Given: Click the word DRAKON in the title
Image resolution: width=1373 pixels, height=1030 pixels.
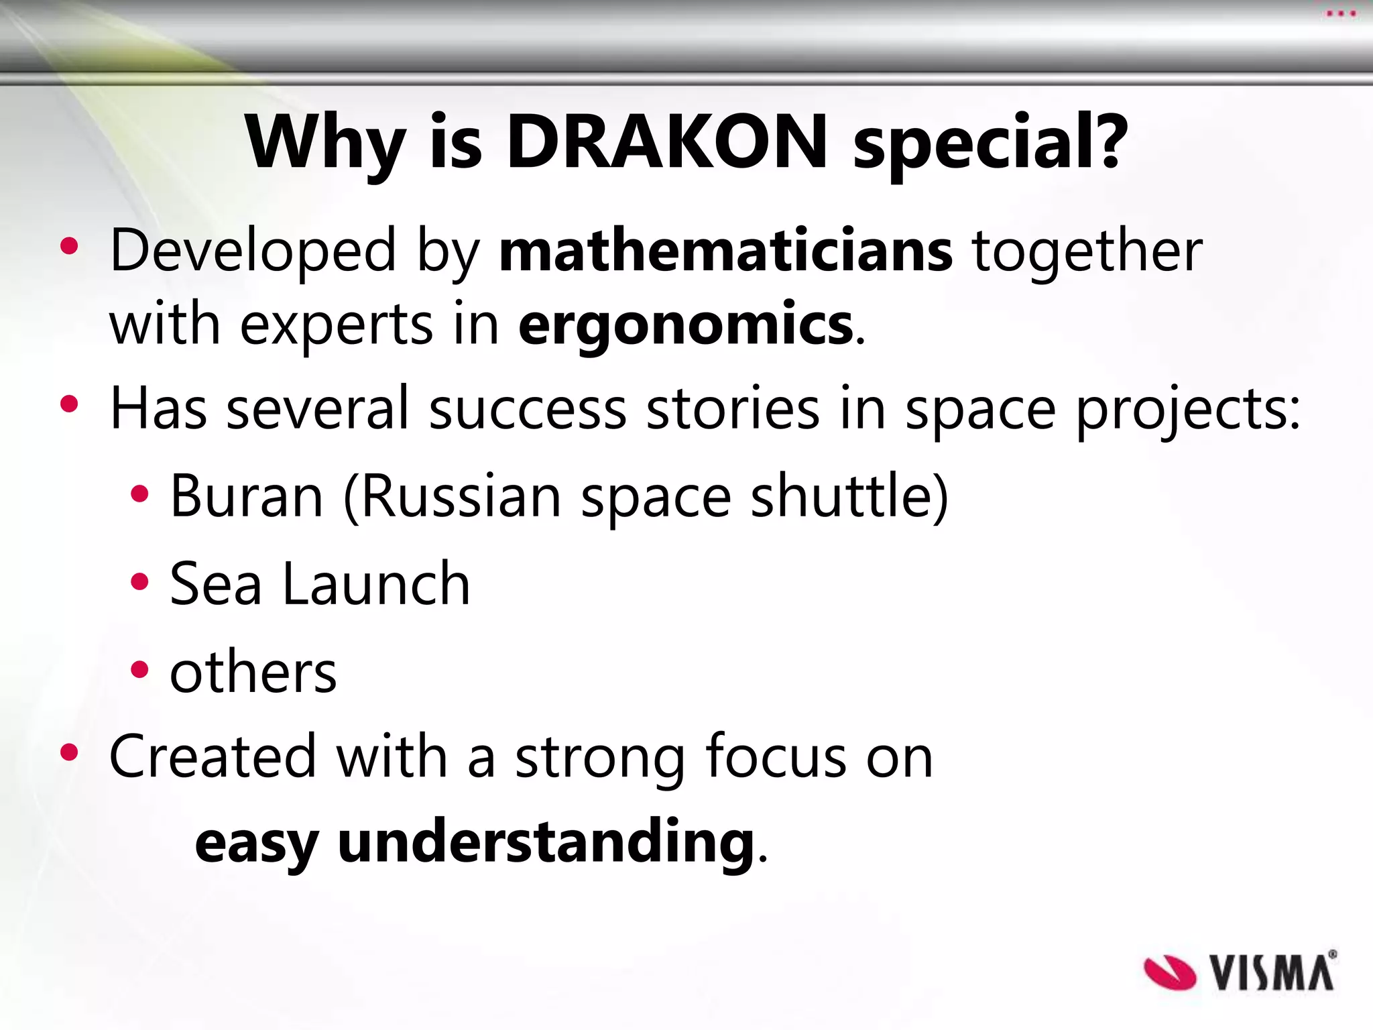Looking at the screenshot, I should pos(666,142).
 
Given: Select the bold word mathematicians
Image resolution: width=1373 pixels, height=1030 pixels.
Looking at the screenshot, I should pos(725,251).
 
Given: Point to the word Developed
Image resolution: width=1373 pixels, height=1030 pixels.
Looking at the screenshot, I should pos(253,251).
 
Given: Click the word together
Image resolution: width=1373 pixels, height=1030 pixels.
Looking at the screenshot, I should pos(1087,251).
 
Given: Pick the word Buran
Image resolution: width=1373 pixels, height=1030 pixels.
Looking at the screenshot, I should pos(247,497).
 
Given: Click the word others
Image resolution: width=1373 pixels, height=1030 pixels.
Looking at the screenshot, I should pos(253,673).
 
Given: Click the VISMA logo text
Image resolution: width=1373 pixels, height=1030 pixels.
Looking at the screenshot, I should pos(1272,972).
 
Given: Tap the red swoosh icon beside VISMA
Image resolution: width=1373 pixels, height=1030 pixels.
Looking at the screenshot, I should pos(1169,973).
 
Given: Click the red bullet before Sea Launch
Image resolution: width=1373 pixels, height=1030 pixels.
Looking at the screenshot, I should pos(139,582).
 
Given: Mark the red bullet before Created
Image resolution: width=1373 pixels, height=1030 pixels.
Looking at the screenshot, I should pos(69,752).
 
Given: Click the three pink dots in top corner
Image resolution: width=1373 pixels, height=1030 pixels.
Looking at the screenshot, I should pos(1340,13).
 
